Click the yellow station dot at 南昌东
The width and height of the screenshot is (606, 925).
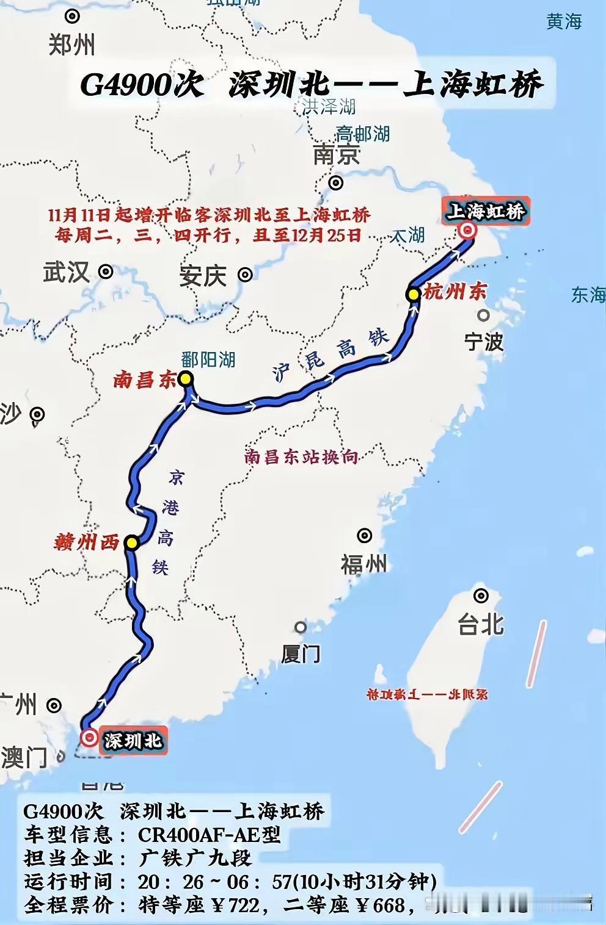(x=186, y=379)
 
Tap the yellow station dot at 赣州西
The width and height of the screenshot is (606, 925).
(x=131, y=542)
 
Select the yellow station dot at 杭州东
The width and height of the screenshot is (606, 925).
(x=414, y=294)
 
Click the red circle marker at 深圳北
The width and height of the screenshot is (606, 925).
(x=90, y=738)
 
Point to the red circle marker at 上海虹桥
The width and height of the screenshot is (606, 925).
(x=468, y=230)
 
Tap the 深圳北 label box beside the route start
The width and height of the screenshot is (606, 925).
(x=133, y=741)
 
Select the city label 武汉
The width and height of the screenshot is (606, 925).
(x=66, y=272)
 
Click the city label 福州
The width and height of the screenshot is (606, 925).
(x=364, y=564)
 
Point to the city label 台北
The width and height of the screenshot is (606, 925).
(x=481, y=624)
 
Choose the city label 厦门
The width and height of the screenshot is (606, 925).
(x=301, y=653)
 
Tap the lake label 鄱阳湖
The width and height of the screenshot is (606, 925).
(x=208, y=359)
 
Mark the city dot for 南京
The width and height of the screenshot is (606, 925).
(x=335, y=182)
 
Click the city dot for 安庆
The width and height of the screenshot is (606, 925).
(x=245, y=275)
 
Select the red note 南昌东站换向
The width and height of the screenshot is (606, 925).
(x=301, y=456)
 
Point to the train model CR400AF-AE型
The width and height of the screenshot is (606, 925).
(x=209, y=834)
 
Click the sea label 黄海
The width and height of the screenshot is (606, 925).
(x=564, y=22)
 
